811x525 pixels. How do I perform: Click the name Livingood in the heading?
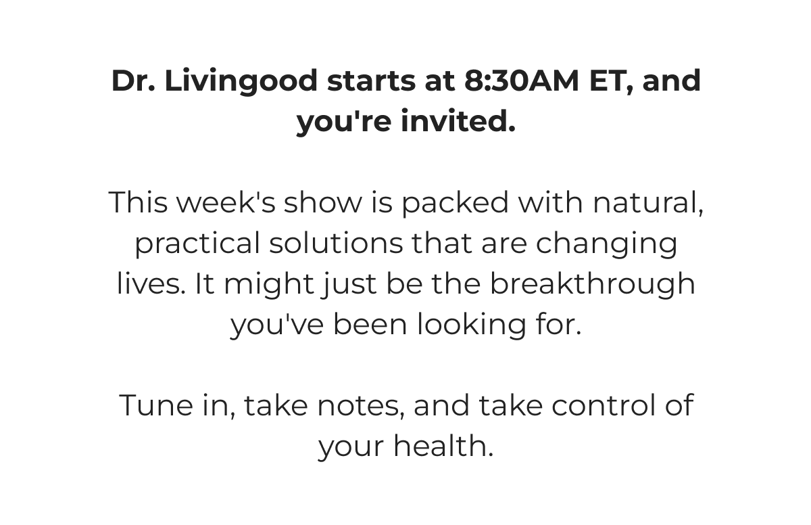tap(241, 81)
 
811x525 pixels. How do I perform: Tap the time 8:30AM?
tap(522, 81)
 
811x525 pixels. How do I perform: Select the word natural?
tap(647, 202)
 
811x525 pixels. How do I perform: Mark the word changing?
tap(606, 244)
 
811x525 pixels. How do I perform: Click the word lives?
tap(151, 283)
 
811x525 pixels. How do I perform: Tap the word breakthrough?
tap(593, 283)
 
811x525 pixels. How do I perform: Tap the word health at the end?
tap(443, 446)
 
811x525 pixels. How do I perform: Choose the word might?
tap(269, 284)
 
